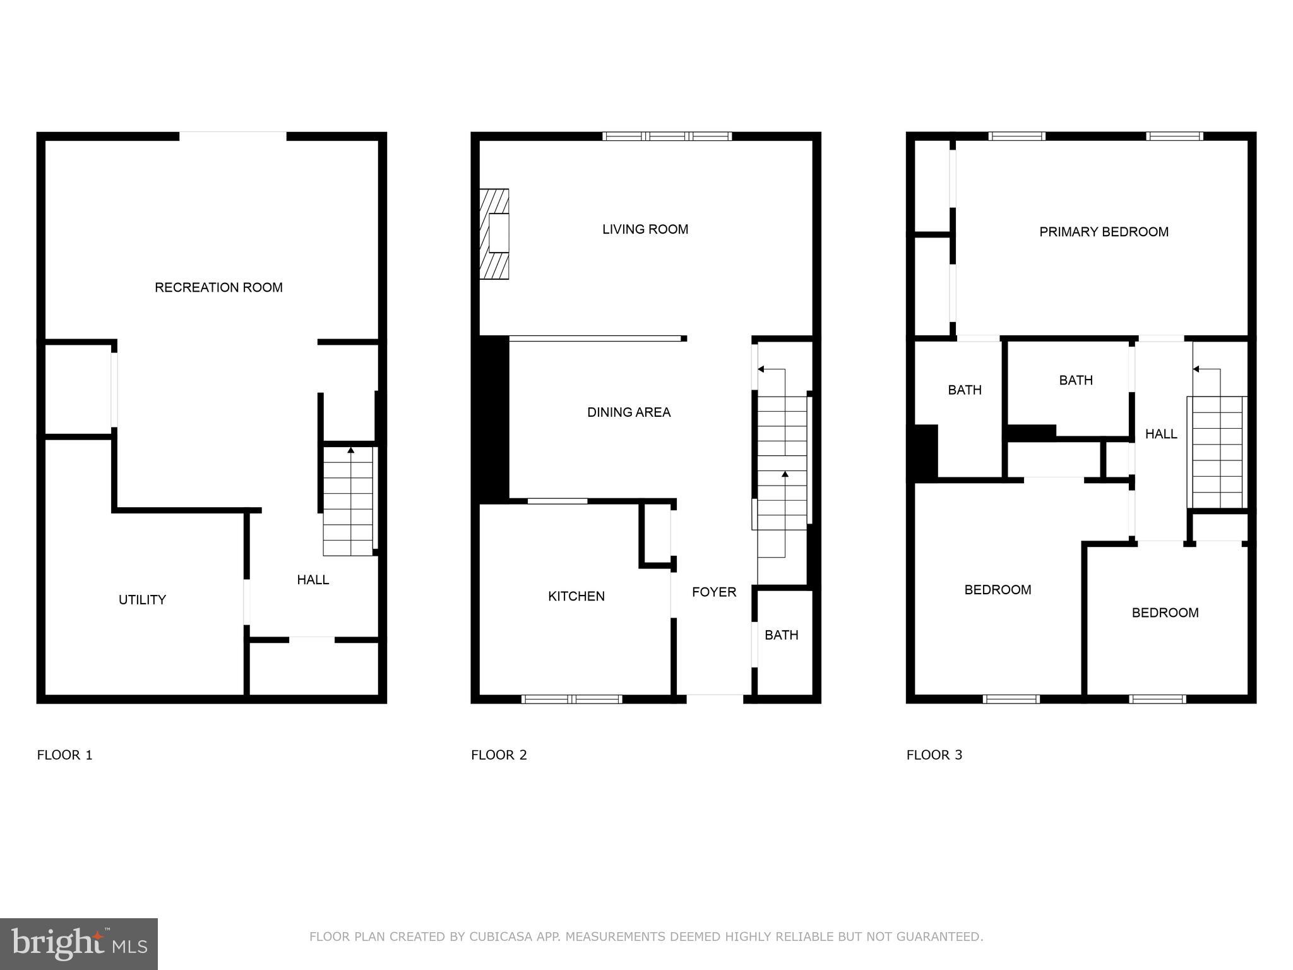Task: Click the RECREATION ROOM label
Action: click(x=218, y=287)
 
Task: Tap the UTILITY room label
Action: click(x=142, y=600)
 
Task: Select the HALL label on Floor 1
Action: click(x=313, y=580)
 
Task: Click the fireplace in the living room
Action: click(x=494, y=234)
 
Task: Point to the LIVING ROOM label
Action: click(x=645, y=229)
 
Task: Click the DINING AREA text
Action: click(x=629, y=412)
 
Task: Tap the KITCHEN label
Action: click(x=576, y=596)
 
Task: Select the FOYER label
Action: click(x=714, y=592)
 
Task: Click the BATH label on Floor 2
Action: click(x=781, y=635)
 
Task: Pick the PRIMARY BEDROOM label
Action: click(x=1104, y=232)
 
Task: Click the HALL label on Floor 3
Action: click(x=1161, y=434)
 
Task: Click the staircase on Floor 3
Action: click(x=1217, y=452)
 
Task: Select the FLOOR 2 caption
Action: click(x=499, y=755)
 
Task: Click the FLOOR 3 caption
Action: click(x=934, y=755)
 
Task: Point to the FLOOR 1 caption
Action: click(x=64, y=755)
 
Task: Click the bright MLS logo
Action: click(x=79, y=943)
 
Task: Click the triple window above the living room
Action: click(x=667, y=136)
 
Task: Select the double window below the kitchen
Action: click(x=572, y=699)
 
